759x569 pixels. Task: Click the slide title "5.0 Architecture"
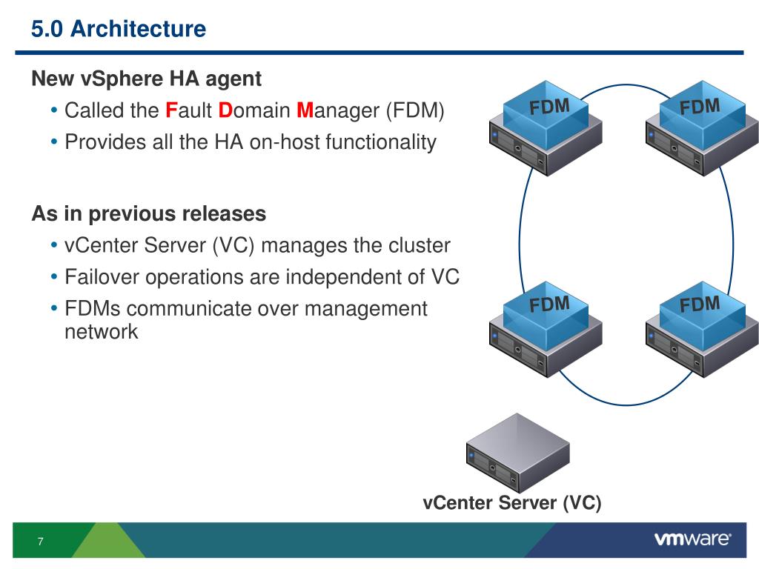[119, 29]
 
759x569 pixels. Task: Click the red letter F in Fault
[171, 110]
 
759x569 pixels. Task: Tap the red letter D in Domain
[225, 110]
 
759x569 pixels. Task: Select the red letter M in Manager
[305, 110]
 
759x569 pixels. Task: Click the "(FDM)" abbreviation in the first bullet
[415, 111]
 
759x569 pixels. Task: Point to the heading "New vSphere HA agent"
[146, 79]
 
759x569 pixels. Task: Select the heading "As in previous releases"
[148, 213]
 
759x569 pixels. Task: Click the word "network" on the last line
[101, 332]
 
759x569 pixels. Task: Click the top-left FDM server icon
[546, 127]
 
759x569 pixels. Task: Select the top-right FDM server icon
[702, 127]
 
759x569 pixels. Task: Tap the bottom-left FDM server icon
[546, 329]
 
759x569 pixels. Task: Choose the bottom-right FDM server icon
[702, 329]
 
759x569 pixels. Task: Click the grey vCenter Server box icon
[518, 453]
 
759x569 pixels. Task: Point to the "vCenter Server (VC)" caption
[512, 503]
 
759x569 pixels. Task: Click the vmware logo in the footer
[693, 539]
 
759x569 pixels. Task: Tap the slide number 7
[41, 542]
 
